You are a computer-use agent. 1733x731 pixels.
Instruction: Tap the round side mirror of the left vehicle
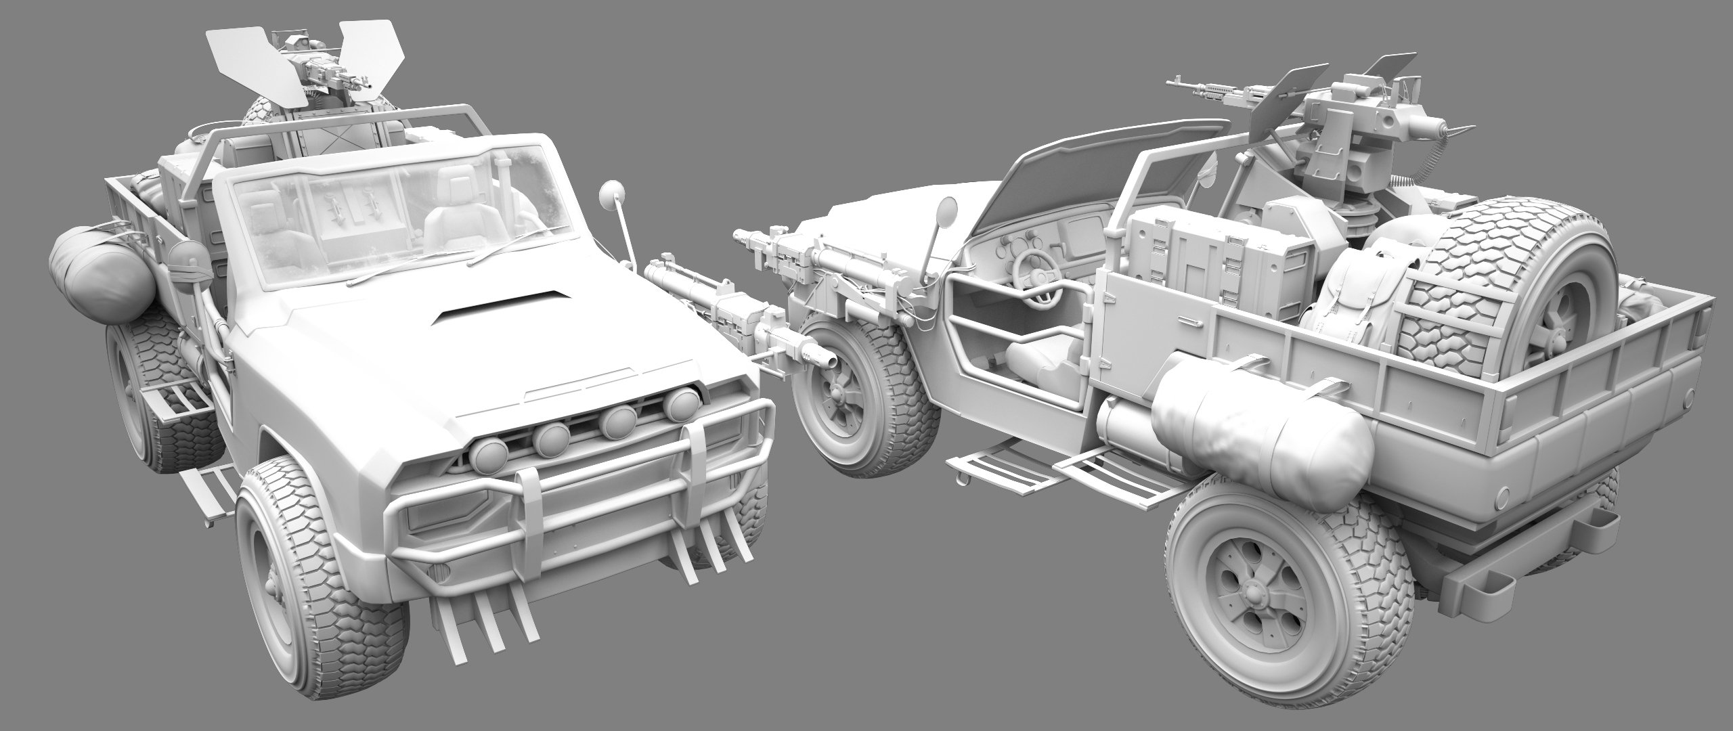[x=609, y=194]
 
